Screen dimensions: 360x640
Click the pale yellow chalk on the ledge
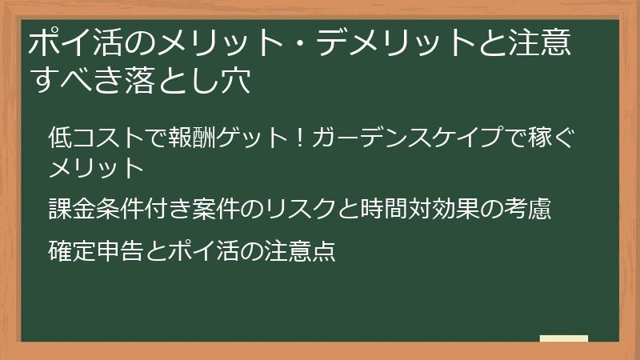(564, 339)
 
